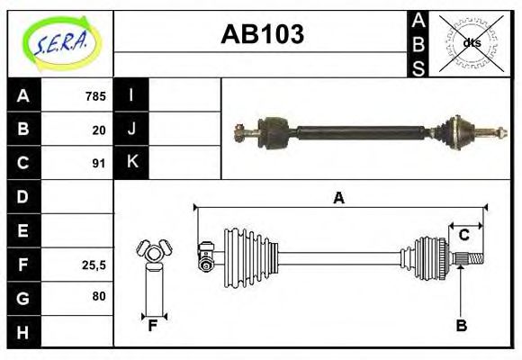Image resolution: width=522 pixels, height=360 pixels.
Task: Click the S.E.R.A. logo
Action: click(x=60, y=42)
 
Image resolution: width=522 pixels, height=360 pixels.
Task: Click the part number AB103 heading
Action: click(x=262, y=34)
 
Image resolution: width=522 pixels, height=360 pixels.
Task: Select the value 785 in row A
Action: click(x=95, y=95)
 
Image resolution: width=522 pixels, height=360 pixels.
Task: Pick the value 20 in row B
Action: click(x=99, y=130)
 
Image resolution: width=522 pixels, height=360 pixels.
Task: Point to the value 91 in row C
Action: click(x=99, y=164)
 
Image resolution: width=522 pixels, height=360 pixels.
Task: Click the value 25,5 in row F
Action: click(x=94, y=265)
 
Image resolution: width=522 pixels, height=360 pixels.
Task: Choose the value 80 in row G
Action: click(x=98, y=296)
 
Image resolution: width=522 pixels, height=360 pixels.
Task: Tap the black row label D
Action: click(x=23, y=196)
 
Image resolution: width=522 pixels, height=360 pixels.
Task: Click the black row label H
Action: click(x=23, y=332)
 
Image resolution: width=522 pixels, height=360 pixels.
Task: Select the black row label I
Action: click(x=131, y=95)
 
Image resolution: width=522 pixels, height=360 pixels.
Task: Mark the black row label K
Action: click(x=131, y=163)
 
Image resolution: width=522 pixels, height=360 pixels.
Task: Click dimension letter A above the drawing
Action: click(x=338, y=198)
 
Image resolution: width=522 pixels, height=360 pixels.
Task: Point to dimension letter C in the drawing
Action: click(x=464, y=235)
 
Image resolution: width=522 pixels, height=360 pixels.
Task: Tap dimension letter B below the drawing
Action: click(x=461, y=326)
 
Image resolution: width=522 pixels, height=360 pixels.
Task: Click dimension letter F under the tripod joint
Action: click(x=153, y=326)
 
